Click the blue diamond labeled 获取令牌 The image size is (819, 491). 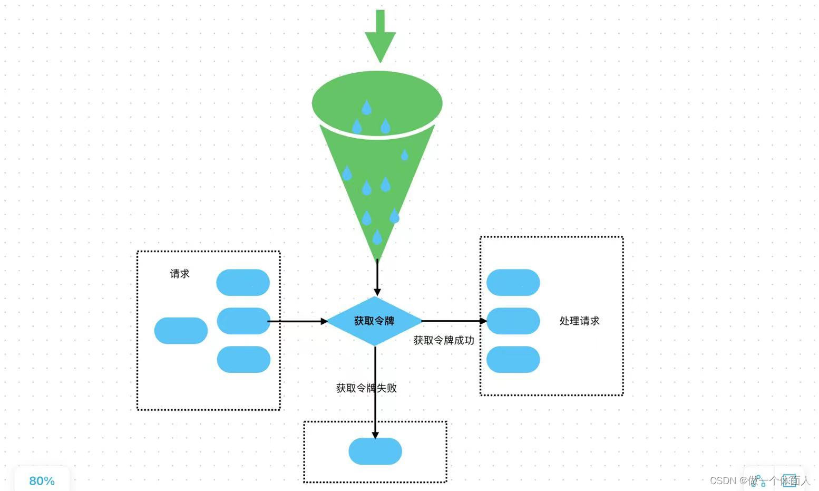tap(374, 321)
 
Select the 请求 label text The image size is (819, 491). tap(179, 274)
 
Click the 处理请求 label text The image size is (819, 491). tap(579, 321)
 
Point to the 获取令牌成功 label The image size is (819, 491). tap(443, 341)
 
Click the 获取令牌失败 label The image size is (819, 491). tap(366, 388)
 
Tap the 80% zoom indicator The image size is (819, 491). tap(42, 480)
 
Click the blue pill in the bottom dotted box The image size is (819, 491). tap(375, 451)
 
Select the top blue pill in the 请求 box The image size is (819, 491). tap(243, 282)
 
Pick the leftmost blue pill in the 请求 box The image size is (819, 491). tap(181, 331)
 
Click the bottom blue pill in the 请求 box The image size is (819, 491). tap(243, 359)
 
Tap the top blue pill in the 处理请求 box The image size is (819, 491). tap(513, 282)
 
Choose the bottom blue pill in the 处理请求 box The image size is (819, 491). tap(513, 359)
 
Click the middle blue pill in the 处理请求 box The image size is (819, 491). tap(513, 321)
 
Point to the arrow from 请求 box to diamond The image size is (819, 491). tap(298, 321)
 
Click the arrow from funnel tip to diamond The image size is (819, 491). tap(377, 277)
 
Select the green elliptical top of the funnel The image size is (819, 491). tap(377, 95)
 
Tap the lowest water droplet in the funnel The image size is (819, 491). tap(377, 237)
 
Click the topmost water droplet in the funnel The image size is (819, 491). tap(366, 108)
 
